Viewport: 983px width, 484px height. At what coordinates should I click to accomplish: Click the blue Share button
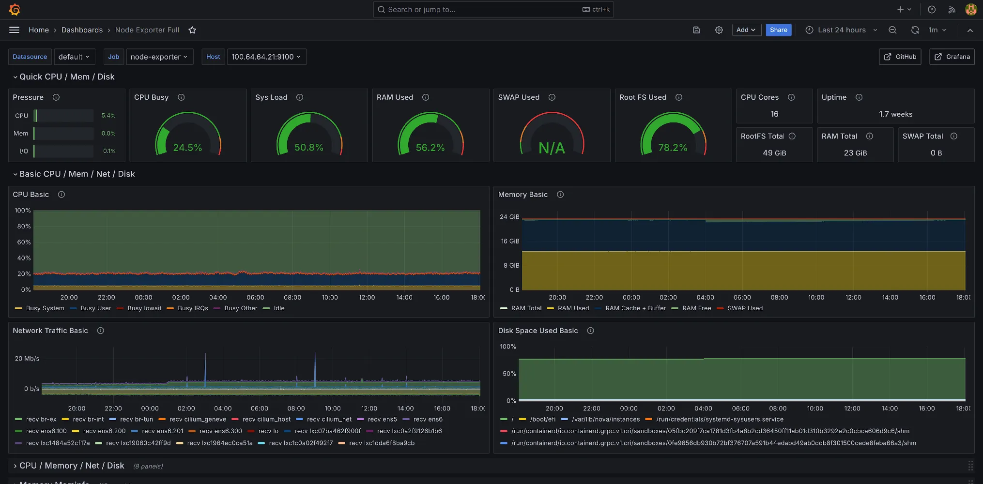tap(778, 30)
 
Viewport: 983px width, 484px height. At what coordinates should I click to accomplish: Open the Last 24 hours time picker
tap(841, 30)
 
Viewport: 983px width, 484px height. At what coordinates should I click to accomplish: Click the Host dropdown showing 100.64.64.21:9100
tap(266, 57)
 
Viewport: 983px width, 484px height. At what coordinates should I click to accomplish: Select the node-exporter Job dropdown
tap(159, 57)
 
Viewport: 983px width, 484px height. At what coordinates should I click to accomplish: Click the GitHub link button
tap(900, 57)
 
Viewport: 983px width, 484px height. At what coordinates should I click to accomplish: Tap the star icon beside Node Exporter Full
tap(192, 30)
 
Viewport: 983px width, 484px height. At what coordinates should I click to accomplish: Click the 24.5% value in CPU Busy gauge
tap(187, 148)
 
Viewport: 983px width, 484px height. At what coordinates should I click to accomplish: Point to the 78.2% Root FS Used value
tap(673, 148)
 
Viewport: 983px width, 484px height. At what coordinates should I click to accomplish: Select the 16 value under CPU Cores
tap(774, 114)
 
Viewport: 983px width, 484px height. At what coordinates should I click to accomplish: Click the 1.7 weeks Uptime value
tap(895, 114)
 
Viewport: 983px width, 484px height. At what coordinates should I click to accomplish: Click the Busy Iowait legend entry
tap(144, 308)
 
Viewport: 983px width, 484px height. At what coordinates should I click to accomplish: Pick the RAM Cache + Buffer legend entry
tap(635, 308)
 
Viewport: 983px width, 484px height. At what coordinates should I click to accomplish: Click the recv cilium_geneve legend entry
tap(198, 420)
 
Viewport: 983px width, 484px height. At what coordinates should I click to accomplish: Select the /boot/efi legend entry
tap(542, 420)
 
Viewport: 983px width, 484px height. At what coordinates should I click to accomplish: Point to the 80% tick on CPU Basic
tap(24, 227)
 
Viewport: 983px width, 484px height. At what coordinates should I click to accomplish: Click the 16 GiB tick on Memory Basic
tap(510, 241)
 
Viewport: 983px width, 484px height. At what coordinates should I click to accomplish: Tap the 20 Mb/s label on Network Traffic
tap(27, 359)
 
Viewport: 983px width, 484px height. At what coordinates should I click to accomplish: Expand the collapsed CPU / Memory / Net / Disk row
tap(71, 466)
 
